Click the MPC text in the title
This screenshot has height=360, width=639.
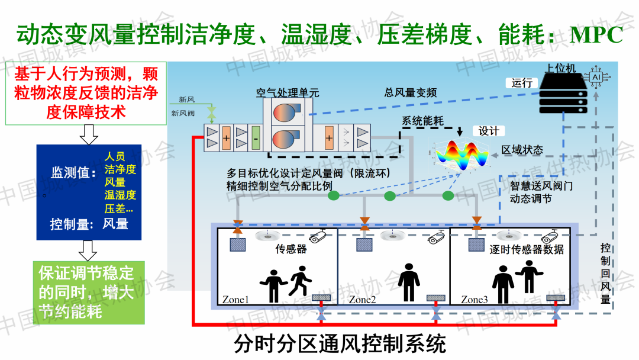pos(596,34)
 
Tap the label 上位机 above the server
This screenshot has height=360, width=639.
pos(561,69)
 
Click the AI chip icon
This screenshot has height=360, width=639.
pos(596,78)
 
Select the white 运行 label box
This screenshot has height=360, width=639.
pos(522,83)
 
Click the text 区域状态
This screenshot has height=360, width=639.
pos(522,150)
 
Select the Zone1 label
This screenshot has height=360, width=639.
pos(235,300)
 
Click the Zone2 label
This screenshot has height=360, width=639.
pos(362,300)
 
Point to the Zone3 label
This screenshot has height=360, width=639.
pos(475,300)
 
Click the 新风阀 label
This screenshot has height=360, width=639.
pos(183,112)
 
